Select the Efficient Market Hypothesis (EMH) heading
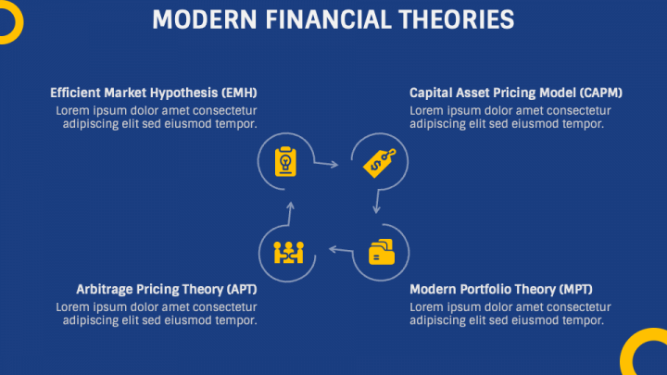[x=154, y=93]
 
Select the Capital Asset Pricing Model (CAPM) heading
[x=516, y=93]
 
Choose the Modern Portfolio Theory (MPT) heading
[x=500, y=289]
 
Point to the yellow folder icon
[x=381, y=251]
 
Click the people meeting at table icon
[x=288, y=251]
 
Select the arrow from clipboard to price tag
[x=325, y=164]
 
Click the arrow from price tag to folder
[x=377, y=203]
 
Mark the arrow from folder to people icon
[x=340, y=248]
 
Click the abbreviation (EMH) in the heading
[x=239, y=93]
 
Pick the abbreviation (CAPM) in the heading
[x=600, y=93]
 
